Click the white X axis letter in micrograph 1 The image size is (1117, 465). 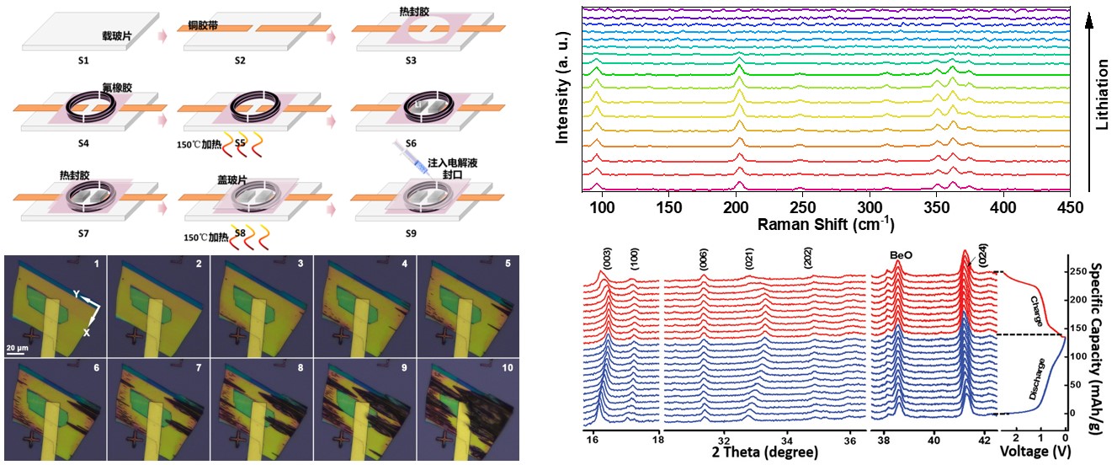pyautogui.click(x=85, y=333)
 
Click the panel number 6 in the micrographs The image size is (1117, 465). pyautogui.click(x=97, y=368)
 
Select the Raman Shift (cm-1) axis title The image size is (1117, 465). pyautogui.click(x=825, y=225)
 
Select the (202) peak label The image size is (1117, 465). pyautogui.click(x=807, y=257)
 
